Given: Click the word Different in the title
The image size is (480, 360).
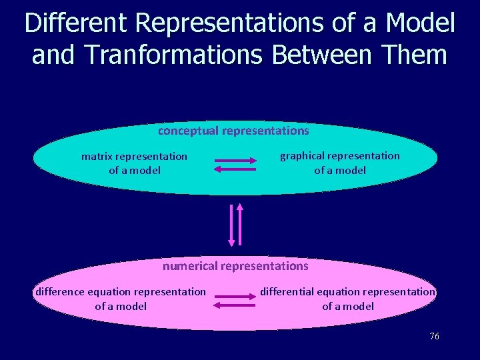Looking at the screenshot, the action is pyautogui.click(x=76, y=24).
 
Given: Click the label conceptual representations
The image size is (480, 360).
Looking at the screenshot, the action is pyautogui.click(x=233, y=131).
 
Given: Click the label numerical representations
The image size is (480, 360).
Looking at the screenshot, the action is pyautogui.click(x=235, y=266).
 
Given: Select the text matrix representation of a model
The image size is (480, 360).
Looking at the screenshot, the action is pyautogui.click(x=134, y=163).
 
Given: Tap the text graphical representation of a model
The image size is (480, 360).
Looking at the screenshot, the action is pyautogui.click(x=340, y=163).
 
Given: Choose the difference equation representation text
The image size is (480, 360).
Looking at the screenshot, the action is pyautogui.click(x=121, y=298).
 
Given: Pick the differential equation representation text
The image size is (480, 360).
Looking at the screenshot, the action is pyautogui.click(x=348, y=298).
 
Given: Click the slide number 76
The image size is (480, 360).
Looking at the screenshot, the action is pyautogui.click(x=434, y=337).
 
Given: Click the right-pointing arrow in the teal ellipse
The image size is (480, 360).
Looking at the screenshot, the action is pyautogui.click(x=236, y=161).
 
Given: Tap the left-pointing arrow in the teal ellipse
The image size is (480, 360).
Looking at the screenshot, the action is pyautogui.click(x=235, y=170).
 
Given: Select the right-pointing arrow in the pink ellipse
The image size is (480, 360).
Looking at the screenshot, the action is pyautogui.click(x=236, y=295).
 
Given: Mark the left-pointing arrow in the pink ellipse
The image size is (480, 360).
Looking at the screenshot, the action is pyautogui.click(x=235, y=305).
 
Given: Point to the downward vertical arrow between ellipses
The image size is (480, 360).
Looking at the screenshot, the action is pyautogui.click(x=231, y=225).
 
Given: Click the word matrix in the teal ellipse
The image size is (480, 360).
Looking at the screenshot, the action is pyautogui.click(x=97, y=157).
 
